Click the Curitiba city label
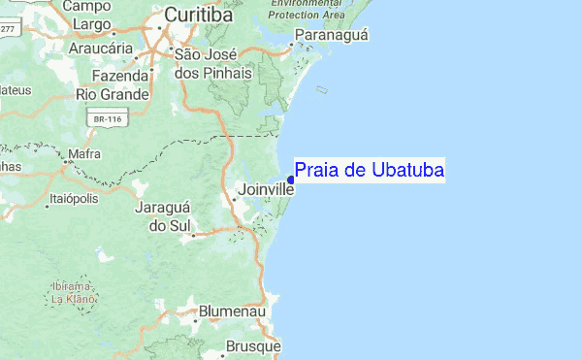click(x=199, y=15)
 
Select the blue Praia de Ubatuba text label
click(x=370, y=171)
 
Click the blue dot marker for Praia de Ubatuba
click(x=291, y=179)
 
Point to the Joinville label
click(x=266, y=189)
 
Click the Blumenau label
click(x=232, y=312)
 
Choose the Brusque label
click(x=253, y=345)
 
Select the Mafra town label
click(x=84, y=153)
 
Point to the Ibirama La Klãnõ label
click(x=73, y=293)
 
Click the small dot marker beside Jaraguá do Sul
click(x=194, y=234)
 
